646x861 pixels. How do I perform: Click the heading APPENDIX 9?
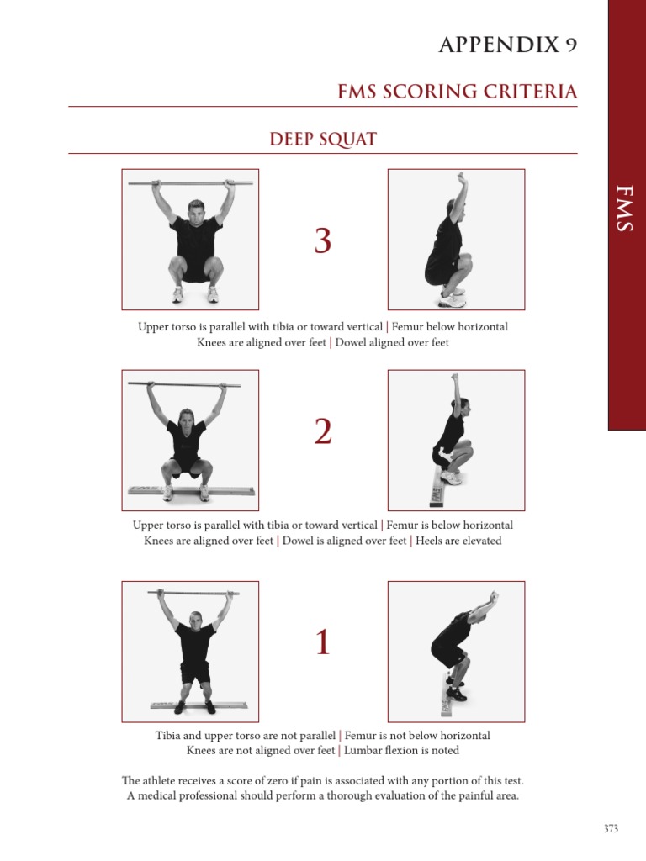point(507,45)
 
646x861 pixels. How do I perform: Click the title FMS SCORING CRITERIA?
point(457,92)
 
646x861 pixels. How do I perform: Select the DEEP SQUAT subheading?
point(322,139)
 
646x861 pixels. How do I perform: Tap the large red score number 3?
point(322,241)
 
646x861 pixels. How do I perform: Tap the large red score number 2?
point(322,432)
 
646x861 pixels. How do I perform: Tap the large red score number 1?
point(322,643)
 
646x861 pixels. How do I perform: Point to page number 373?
point(611,828)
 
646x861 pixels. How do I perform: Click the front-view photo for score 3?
point(190,240)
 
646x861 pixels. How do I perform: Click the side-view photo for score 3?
point(456,240)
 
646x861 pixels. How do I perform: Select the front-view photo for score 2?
point(190,440)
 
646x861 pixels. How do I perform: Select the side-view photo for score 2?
point(456,440)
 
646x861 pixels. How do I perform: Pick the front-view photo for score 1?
point(190,652)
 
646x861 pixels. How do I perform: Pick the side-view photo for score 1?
point(456,652)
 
